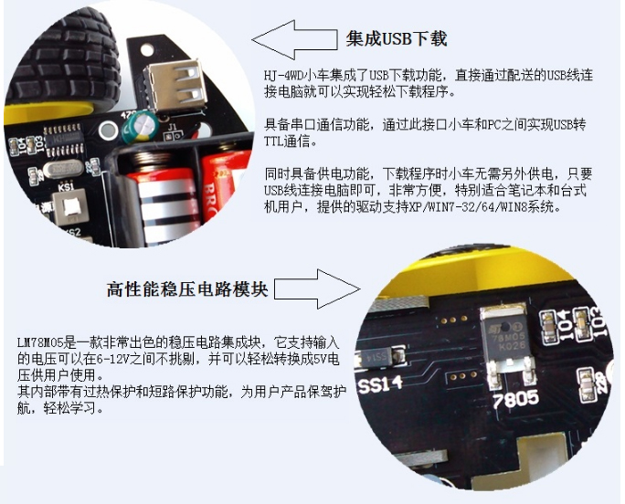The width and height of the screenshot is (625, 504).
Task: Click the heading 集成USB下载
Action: coord(397,39)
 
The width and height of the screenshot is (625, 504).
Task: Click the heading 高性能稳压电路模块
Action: coord(187,289)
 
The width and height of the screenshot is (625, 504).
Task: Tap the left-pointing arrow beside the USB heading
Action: coord(294,39)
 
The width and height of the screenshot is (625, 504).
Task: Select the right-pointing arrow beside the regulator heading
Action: coord(317,289)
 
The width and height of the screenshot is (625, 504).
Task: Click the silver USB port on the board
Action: coord(175,88)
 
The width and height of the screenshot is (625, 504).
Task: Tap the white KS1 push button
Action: coord(70,206)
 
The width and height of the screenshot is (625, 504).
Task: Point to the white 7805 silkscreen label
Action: coord(516,398)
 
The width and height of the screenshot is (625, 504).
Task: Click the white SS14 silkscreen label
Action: coord(380,385)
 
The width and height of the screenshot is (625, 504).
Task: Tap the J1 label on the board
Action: coord(172,128)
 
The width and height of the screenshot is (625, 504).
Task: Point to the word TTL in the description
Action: coord(274,142)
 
